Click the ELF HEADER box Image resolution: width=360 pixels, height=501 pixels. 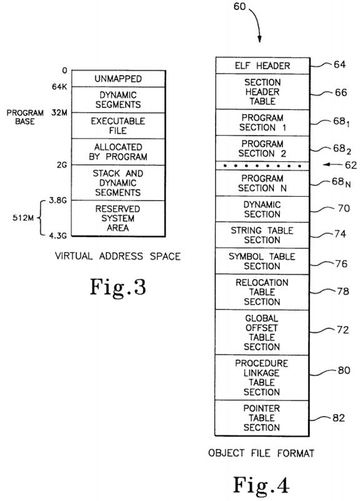tap(262, 66)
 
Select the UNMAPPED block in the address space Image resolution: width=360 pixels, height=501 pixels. tap(118, 79)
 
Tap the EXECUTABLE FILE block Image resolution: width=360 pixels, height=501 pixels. tap(118, 126)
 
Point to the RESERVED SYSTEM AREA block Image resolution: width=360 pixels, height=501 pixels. tap(118, 219)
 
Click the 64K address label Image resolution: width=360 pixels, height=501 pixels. tap(59, 87)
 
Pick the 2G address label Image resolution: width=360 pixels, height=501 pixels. tap(62, 165)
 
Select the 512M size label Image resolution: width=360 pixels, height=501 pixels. tap(23, 218)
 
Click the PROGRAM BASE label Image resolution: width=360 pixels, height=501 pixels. tap(25, 117)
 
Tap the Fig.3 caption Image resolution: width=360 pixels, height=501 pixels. tap(118, 287)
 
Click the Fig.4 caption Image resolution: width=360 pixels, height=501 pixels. tap(261, 485)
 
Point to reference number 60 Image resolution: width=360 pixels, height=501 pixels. tap(239, 6)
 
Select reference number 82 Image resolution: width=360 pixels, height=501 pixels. tap(339, 418)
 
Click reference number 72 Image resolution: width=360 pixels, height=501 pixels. tap(342, 330)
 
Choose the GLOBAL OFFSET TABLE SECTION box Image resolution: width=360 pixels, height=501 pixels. tap(262, 332)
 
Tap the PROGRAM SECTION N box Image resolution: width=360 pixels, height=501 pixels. tap(262, 183)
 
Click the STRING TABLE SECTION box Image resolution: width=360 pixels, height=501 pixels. tap(262, 235)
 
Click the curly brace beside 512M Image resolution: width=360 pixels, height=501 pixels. tap(39, 218)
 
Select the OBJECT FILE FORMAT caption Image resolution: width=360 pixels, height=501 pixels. tap(261, 453)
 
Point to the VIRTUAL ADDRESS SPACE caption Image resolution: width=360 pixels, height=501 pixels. tap(117, 256)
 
